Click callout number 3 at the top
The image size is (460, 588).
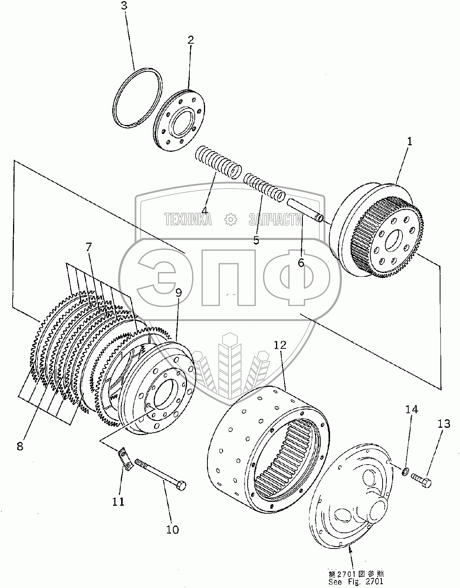click(x=124, y=6)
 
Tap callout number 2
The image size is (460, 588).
click(x=191, y=40)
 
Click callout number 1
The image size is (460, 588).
click(x=409, y=141)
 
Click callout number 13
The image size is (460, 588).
click(x=444, y=424)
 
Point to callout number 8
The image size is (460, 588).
click(x=20, y=446)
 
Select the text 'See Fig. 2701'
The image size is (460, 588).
click(x=356, y=581)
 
